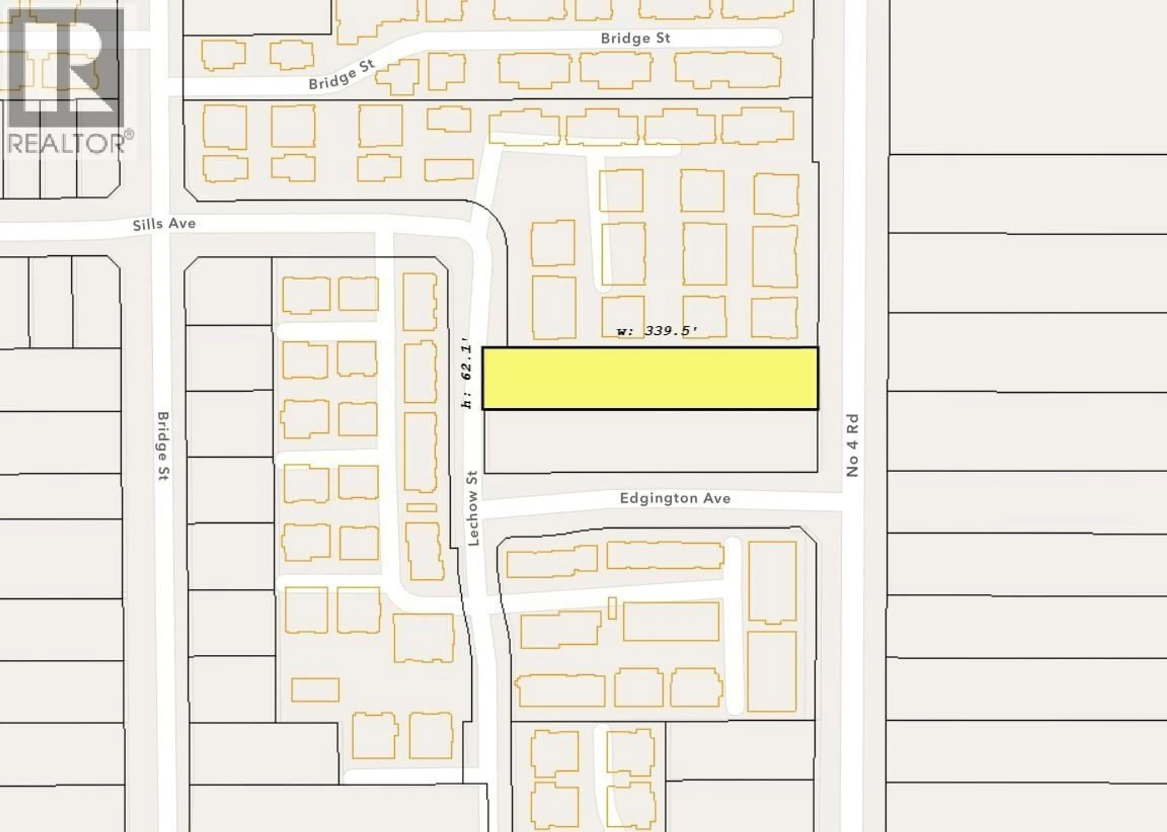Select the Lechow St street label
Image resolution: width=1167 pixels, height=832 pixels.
coord(473,508)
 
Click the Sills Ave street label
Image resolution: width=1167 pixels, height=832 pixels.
coord(164,224)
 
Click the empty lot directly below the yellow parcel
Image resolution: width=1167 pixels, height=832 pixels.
coord(650,441)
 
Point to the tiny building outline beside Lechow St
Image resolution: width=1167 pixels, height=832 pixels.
coord(422,507)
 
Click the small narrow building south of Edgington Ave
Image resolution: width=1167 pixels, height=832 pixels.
coord(612,608)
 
